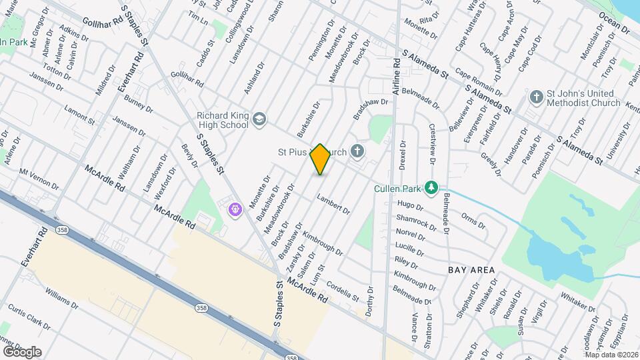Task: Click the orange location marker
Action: point(321,159)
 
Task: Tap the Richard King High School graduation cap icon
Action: point(259,119)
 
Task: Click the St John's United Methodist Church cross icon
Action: point(535,97)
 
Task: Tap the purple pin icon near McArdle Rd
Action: point(235,210)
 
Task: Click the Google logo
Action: point(21,351)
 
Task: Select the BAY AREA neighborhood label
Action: point(471,270)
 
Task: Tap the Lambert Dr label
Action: point(333,204)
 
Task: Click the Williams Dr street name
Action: point(62,297)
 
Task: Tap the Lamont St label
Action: point(79,114)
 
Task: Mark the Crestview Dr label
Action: point(433,145)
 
